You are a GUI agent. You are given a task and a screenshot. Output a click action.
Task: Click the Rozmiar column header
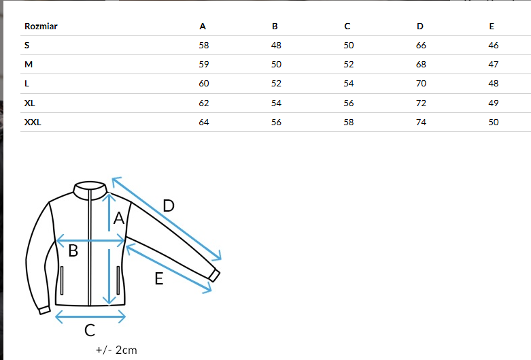point(41,27)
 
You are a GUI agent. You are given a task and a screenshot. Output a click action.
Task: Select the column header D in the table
point(420,27)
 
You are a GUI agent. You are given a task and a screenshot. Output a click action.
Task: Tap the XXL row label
point(33,122)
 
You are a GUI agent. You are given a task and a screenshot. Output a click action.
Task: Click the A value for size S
point(204,46)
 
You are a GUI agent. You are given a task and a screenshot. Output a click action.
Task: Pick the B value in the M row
point(276,65)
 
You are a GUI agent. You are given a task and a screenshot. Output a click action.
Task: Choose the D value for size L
point(421,84)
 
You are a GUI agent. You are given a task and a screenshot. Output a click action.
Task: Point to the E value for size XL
point(494,103)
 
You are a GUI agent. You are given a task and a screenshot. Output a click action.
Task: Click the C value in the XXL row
point(349,122)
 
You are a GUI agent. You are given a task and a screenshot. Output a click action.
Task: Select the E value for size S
point(494,46)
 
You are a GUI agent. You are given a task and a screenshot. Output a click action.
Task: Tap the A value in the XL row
point(204,103)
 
